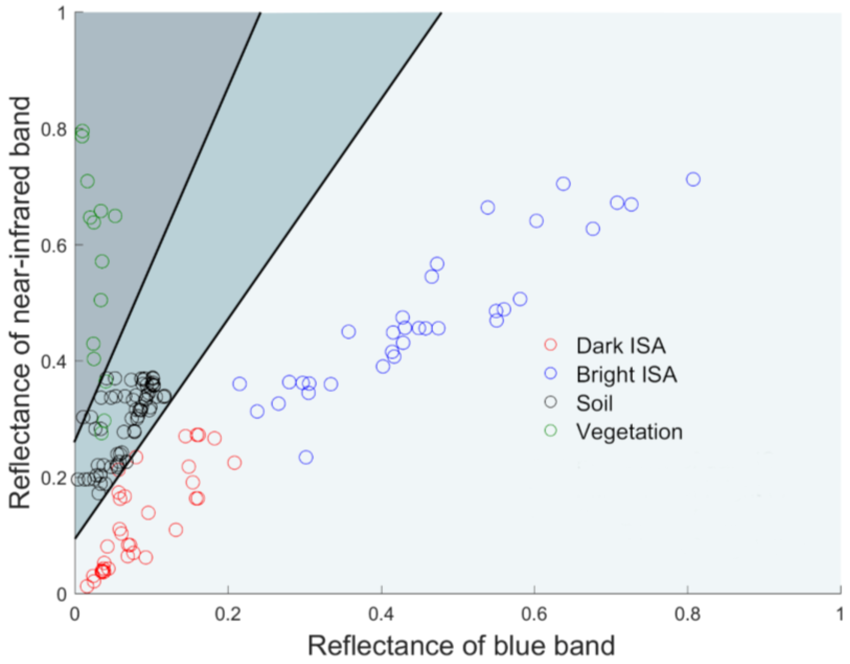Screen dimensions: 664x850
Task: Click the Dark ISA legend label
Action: tap(621, 345)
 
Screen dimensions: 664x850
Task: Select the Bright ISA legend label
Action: tap(627, 375)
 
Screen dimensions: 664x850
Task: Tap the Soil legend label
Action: tap(594, 403)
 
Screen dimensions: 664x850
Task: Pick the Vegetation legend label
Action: tap(629, 432)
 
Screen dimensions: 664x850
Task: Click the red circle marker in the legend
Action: tap(551, 344)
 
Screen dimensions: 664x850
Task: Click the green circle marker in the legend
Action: tap(551, 430)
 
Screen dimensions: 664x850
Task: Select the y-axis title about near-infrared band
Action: tap(20, 303)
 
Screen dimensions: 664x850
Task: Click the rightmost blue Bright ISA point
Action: tap(693, 179)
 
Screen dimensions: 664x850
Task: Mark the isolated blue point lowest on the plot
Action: tap(306, 457)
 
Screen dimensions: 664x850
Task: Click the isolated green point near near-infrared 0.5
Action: tap(101, 300)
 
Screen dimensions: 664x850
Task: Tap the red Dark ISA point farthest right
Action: tap(234, 463)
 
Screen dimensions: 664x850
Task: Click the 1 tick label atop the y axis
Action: tap(61, 14)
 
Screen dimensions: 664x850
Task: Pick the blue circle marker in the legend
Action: tap(551, 373)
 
